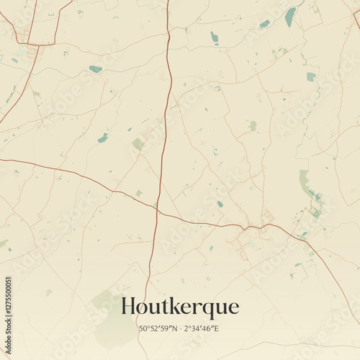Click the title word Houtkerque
(x=180, y=307)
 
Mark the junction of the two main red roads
(x=156, y=209)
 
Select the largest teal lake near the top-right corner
(x=290, y=17)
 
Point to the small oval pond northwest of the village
(x=220, y=204)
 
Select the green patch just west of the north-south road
(x=138, y=144)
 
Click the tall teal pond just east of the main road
(x=214, y=37)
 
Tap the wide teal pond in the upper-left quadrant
(x=95, y=69)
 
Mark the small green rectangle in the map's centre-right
(x=253, y=126)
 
